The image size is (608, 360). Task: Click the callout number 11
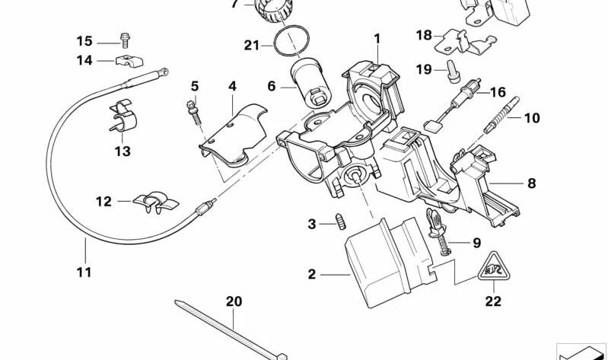click(84, 272)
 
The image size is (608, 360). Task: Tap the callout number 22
click(493, 301)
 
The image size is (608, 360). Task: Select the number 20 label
click(233, 302)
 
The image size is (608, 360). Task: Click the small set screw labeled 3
click(342, 223)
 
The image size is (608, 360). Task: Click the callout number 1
click(376, 37)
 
